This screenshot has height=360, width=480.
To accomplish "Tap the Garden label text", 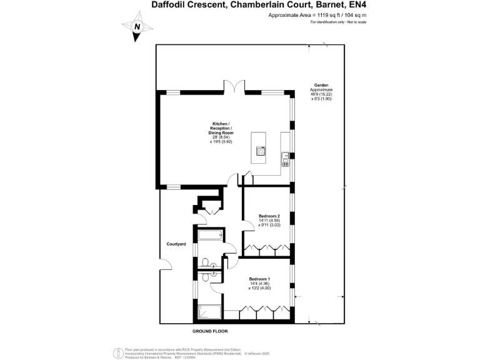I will point(321,84).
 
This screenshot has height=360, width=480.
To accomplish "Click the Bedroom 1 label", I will point(259,278).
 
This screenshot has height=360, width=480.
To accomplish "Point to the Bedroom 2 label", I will point(269,216).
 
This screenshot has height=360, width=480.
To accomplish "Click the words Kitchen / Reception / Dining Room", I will point(221,129).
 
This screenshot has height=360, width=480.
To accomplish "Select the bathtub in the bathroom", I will point(209,236).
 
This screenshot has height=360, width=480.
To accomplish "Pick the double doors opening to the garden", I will point(236,87).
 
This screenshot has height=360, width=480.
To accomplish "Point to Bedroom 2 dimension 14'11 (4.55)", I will point(269,221).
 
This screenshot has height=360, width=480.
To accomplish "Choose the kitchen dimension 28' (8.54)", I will point(220,137).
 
